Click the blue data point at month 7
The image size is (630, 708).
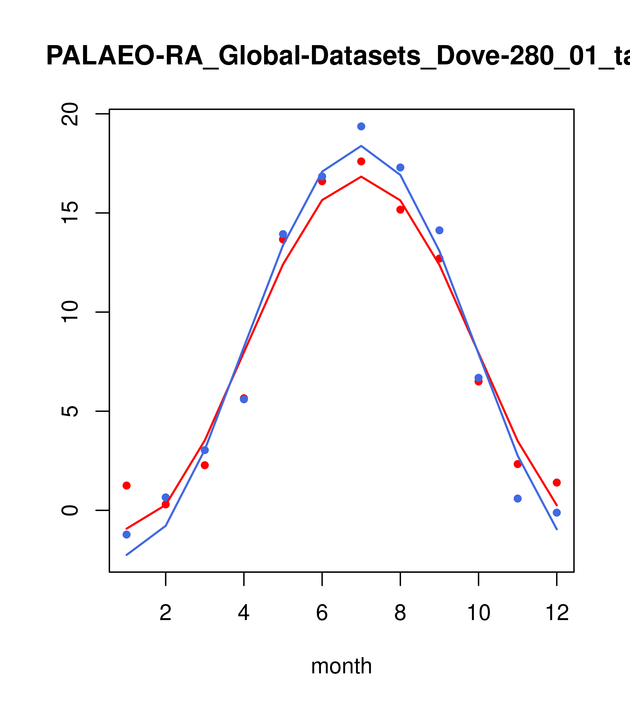(x=361, y=126)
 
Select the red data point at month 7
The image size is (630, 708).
(x=361, y=161)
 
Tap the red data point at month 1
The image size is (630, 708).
(x=126, y=486)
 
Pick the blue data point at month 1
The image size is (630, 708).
(x=126, y=535)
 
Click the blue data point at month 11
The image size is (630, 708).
(x=518, y=498)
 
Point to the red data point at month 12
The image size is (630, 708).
(x=557, y=483)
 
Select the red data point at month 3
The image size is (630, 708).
(x=205, y=465)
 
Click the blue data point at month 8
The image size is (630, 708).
(x=400, y=168)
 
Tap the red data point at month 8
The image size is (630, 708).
(x=400, y=210)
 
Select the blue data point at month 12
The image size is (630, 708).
(x=557, y=513)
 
